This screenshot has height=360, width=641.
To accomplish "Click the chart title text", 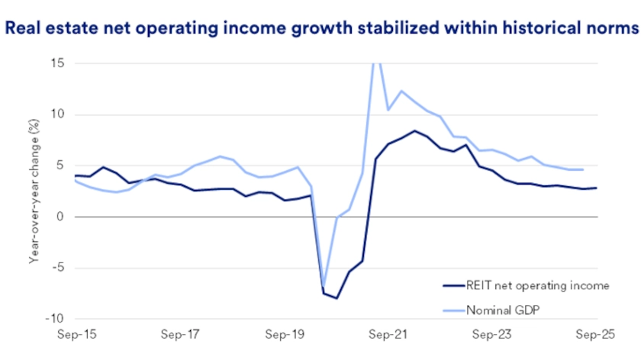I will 320,29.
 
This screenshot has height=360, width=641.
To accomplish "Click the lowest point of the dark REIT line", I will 337,298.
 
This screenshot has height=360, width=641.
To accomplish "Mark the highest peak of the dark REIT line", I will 414,130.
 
